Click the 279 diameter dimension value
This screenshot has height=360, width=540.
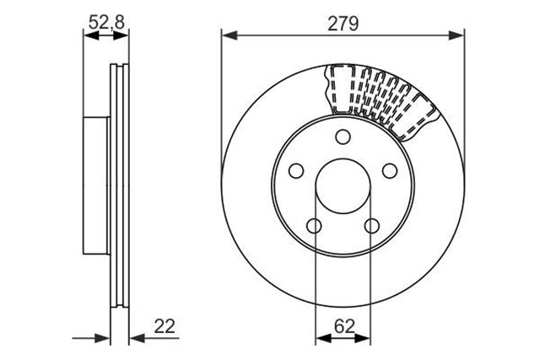pos(343,24)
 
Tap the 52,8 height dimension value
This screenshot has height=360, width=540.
pos(106,23)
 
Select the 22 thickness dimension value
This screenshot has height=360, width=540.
pos(165,326)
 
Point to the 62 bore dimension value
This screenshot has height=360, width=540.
pos(344,326)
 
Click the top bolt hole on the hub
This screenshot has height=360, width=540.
pos(343,137)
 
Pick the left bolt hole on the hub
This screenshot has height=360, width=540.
pos(296,170)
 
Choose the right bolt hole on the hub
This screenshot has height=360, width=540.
pos(390,170)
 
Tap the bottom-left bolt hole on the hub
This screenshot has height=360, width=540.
pos(314,226)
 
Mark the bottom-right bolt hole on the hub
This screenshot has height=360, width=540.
pos(372,226)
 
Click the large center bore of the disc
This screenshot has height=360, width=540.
pos(343,185)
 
